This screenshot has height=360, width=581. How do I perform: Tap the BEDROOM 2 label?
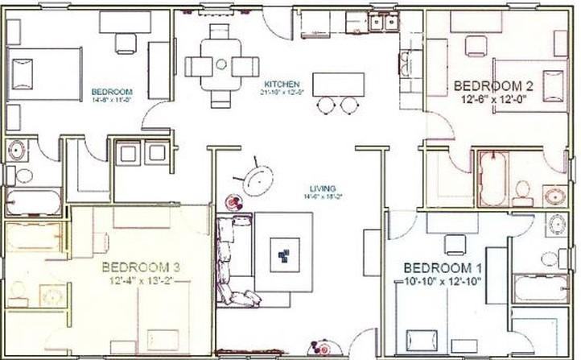[494, 85]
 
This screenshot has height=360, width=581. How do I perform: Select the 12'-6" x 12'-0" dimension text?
[494, 100]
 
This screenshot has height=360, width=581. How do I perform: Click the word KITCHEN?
[281, 84]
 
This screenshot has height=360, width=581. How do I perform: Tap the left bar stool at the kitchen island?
[327, 105]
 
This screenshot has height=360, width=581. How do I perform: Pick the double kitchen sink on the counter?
[381, 23]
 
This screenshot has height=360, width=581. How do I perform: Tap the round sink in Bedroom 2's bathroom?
[554, 196]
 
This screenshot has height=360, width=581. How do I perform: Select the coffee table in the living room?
[284, 253]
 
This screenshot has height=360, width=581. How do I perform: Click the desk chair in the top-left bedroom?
[126, 42]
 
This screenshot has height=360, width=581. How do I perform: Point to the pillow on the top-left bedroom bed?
[22, 74]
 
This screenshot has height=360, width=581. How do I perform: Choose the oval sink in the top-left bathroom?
[17, 151]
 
